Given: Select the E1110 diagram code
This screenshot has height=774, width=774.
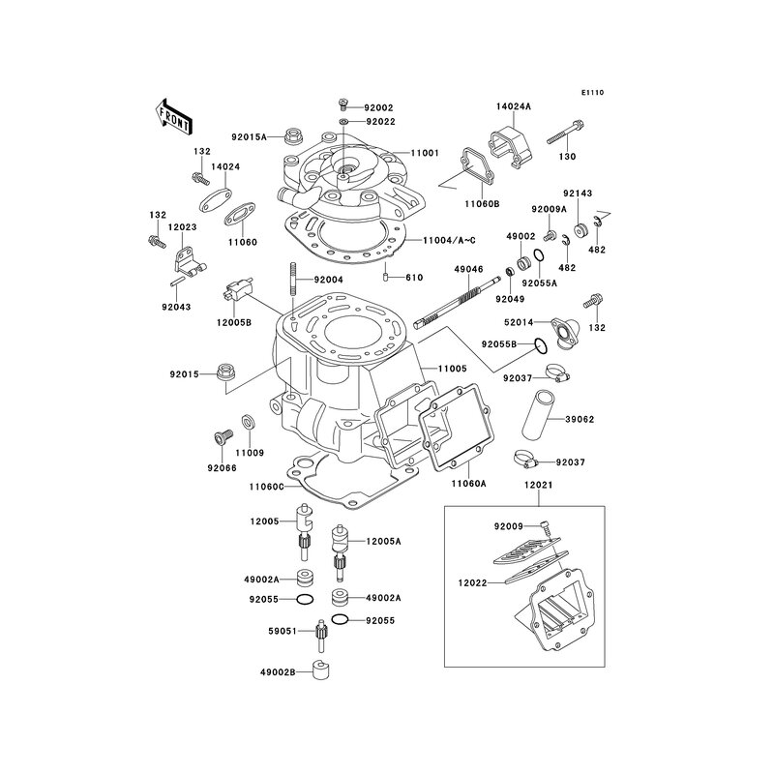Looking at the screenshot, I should (592, 93).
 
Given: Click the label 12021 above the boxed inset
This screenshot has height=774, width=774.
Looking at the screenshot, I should (538, 484).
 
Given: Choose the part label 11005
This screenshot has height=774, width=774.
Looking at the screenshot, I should (453, 370).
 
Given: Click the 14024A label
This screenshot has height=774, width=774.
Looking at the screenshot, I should (515, 107).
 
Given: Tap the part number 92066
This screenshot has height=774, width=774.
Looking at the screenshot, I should (221, 468).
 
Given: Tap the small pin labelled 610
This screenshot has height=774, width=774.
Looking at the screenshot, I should (386, 279).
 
